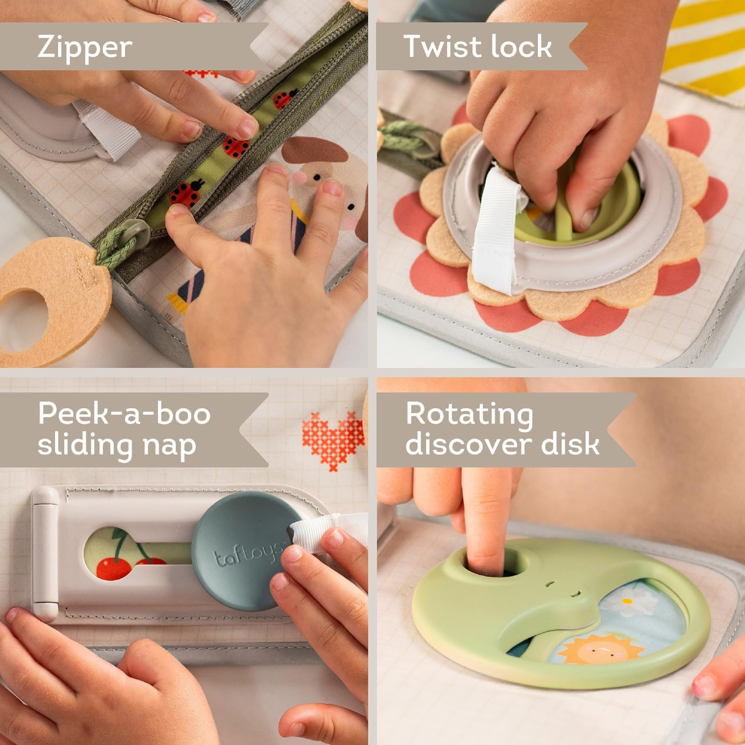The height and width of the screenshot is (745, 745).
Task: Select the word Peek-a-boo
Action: (124, 413)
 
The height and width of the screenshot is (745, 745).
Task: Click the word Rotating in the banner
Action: (469, 415)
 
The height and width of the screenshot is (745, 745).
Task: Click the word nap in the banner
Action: (169, 445)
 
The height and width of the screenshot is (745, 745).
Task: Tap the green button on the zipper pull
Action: (135, 231)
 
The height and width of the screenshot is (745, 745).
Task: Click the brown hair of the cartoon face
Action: (315, 149)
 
